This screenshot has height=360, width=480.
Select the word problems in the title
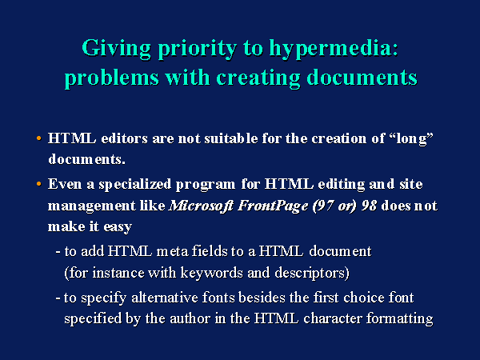(112, 78)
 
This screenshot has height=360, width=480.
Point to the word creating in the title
(258, 78)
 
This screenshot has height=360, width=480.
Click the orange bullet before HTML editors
(38, 138)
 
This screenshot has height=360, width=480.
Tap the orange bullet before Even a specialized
(38, 184)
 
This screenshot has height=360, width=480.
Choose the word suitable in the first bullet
(231, 138)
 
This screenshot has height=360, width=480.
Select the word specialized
(135, 185)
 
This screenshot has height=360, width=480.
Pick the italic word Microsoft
(201, 206)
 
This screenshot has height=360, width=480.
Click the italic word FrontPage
(273, 206)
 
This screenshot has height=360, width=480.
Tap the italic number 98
(369, 206)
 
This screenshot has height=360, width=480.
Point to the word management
(92, 206)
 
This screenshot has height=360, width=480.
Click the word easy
(118, 227)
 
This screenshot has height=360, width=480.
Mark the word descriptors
(310, 273)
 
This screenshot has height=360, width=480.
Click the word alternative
(165, 298)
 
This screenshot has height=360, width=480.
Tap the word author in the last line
(190, 318)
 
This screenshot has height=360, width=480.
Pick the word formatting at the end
(400, 319)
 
